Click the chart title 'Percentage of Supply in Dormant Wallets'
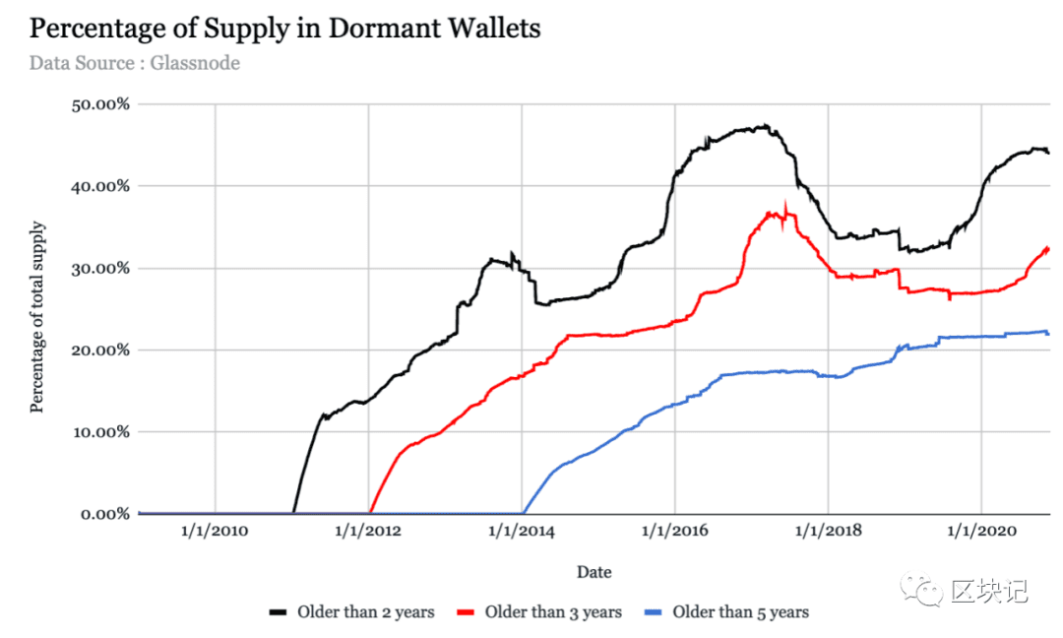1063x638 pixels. point(284,30)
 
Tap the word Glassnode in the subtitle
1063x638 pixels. point(195,63)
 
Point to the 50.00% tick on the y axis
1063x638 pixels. point(100,104)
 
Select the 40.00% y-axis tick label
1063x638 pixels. point(100,186)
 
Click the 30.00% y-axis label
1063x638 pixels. point(100,269)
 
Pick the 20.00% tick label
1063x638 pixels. point(100,351)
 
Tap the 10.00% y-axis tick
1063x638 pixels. point(101,432)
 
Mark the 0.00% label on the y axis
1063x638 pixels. point(105,515)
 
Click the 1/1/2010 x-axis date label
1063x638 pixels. point(215,531)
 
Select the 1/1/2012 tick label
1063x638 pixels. point(368,531)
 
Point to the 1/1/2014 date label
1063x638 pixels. point(522,531)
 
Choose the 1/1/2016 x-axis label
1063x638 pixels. point(674,531)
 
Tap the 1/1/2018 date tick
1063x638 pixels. point(829,531)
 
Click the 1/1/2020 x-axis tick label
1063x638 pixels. point(981,531)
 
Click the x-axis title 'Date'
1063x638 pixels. point(594,572)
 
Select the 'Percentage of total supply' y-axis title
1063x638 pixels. point(36,317)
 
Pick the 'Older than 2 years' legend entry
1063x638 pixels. point(351,612)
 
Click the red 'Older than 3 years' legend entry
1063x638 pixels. point(539,612)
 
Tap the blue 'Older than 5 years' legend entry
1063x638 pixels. point(726,612)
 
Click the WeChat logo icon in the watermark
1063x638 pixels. point(920,590)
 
